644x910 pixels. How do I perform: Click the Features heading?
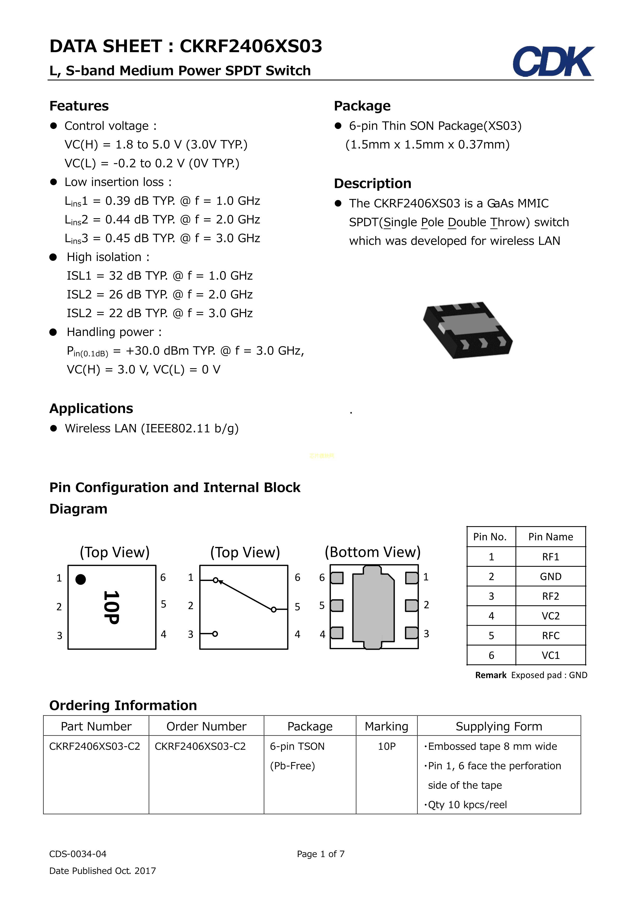tap(79, 106)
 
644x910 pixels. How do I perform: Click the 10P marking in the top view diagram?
tap(111, 607)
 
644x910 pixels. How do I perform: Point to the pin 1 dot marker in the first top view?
tap(81, 579)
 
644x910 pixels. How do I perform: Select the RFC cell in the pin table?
tap(551, 636)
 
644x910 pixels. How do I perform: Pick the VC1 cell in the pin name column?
tap(551, 655)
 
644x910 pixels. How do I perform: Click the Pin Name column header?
tap(551, 537)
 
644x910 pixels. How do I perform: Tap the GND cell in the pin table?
tap(551, 577)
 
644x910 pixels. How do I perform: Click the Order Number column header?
tap(206, 727)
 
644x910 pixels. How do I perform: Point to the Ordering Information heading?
tap(123, 706)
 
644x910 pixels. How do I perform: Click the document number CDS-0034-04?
tap(78, 854)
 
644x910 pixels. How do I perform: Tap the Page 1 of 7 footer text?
tap(320, 854)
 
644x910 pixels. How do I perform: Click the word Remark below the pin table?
tap(491, 675)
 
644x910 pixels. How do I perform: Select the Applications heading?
tap(91, 409)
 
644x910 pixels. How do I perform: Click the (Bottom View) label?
tap(372, 552)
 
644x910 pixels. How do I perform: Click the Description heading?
tap(372, 183)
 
